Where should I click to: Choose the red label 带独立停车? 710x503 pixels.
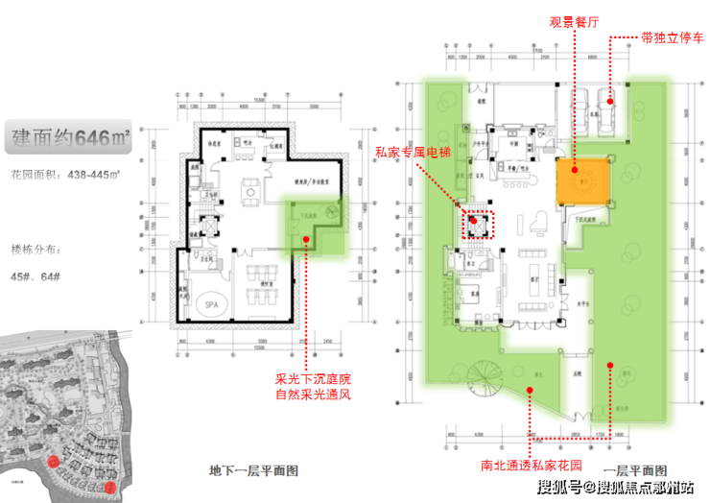tap(671, 40)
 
